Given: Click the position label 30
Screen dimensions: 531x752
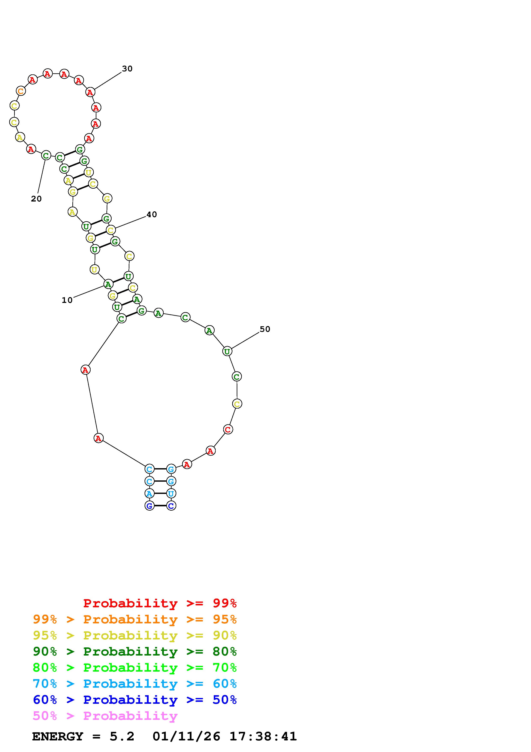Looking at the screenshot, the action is (127, 69).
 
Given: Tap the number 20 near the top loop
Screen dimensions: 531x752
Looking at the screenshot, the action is (36, 199).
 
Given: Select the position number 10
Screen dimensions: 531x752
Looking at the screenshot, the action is (67, 300).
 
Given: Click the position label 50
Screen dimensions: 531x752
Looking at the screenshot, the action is (265, 329).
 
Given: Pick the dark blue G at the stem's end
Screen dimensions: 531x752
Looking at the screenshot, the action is (150, 506).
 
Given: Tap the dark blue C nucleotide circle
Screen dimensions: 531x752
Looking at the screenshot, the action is (171, 506).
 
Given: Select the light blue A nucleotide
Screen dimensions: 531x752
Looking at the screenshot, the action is (150, 493).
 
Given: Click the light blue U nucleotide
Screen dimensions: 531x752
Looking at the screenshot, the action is (171, 493).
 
